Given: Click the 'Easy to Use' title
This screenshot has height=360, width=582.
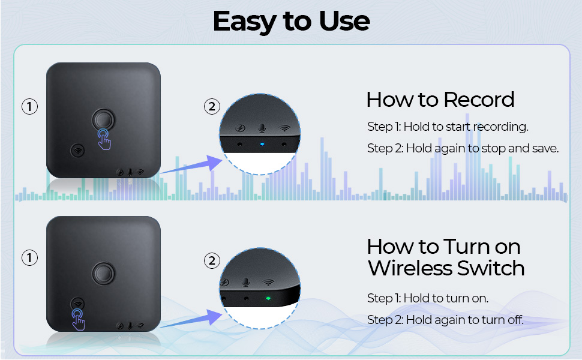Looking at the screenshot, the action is tap(292, 21).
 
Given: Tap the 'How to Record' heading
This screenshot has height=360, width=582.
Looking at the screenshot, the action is tap(440, 100).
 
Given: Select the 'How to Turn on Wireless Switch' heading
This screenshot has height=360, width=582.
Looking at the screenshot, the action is tap(446, 257).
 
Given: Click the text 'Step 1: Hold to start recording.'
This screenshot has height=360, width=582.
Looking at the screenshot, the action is tap(448, 127).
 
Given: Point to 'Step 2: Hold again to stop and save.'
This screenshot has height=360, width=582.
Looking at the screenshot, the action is tap(463, 148).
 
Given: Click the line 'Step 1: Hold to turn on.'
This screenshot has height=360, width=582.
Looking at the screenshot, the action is tap(428, 298).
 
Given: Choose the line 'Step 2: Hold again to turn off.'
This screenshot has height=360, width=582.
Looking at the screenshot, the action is tap(445, 320).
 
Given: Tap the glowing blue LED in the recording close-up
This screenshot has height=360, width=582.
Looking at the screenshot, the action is tap(262, 144).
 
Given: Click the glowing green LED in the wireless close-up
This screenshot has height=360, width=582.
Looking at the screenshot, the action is tap(268, 298).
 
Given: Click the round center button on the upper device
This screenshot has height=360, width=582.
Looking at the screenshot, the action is tap(103, 119).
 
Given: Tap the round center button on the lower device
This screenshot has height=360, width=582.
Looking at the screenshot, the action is tap(103, 273).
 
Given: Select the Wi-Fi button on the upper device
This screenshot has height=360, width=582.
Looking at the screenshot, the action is tap(77, 151).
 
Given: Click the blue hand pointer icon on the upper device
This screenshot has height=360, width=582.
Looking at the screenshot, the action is tap(104, 139).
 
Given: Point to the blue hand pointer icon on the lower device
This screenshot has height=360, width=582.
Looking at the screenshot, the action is tap(79, 319).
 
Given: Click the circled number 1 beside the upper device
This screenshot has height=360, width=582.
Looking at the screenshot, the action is tap(29, 107).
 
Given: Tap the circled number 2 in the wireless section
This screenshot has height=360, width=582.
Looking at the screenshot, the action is tap(212, 260).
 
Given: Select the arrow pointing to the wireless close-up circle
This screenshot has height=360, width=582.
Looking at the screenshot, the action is tap(191, 320).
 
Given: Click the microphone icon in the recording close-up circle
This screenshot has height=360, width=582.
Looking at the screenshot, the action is tap(262, 128).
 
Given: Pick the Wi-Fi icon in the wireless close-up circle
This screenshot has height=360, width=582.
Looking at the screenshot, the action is tap(268, 283).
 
